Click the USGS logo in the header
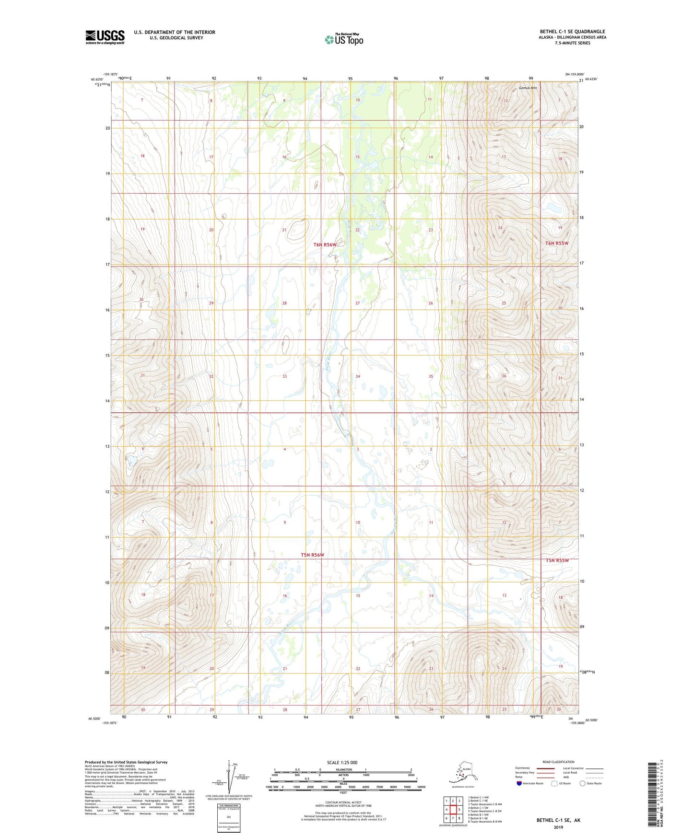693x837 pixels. pyautogui.click(x=105, y=37)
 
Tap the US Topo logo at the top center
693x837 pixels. pyautogui.click(x=343, y=39)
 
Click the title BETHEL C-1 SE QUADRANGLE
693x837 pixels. pyautogui.click(x=572, y=32)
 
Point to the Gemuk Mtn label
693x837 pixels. pyautogui.click(x=528, y=88)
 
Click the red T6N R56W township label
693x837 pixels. pyautogui.click(x=325, y=244)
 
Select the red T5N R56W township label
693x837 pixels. pyautogui.click(x=312, y=555)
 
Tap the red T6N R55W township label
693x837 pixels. pyautogui.click(x=556, y=243)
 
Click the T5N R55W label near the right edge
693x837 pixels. pyautogui.click(x=557, y=560)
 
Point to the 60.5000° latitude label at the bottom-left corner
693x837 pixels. pyautogui.click(x=94, y=719)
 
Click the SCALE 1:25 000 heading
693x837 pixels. pyautogui.click(x=342, y=762)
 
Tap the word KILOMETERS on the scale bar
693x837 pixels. pyautogui.click(x=342, y=769)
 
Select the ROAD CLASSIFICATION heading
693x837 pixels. pyautogui.click(x=558, y=762)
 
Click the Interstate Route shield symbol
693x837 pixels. pyautogui.click(x=519, y=783)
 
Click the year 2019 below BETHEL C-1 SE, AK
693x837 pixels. pyautogui.click(x=558, y=827)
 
